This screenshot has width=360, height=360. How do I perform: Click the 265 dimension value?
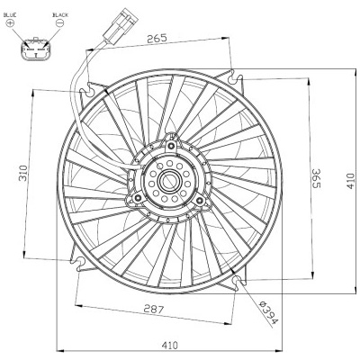click(157, 38)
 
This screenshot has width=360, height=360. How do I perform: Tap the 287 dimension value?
click(154, 309)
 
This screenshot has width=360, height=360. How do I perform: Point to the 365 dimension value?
click(316, 178)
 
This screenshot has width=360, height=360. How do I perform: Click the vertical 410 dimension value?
click(351, 181)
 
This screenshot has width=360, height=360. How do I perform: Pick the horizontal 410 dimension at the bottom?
click(169, 346)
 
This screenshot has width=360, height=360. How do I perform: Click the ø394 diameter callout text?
click(268, 313)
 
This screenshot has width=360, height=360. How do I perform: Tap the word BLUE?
click(11, 14)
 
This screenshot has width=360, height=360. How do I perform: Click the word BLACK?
click(60, 14)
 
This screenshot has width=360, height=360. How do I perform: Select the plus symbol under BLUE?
click(11, 22)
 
